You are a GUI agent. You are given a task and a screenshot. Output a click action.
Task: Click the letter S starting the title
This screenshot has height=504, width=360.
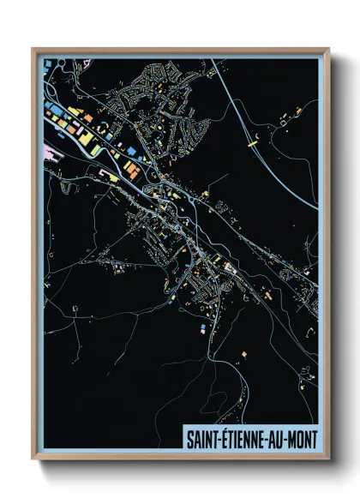coord(190,439)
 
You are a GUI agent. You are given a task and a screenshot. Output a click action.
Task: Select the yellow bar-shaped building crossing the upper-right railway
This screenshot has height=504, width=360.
coord(255,145)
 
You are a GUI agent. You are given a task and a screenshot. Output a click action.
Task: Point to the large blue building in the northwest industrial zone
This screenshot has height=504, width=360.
coord(51,109)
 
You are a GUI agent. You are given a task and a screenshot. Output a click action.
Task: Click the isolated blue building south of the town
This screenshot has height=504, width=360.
coord(203,327)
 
